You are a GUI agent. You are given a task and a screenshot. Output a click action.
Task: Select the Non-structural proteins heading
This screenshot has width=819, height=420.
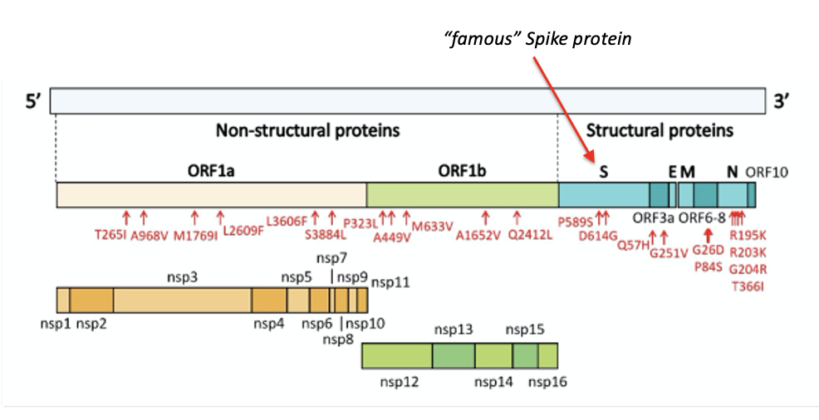pyautogui.click(x=307, y=130)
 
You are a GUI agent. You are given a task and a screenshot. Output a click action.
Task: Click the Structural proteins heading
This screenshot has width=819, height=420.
pyautogui.click(x=660, y=130)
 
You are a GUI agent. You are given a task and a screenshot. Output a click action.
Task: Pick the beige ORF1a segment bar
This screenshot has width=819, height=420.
pyautogui.click(x=211, y=195)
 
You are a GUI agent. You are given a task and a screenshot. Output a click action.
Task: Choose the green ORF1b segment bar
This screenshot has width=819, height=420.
pyautogui.click(x=462, y=195)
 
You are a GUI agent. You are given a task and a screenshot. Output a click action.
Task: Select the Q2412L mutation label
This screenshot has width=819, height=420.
pyautogui.click(x=530, y=235)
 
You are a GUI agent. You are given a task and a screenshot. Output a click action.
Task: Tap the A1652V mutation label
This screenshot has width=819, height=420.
pyautogui.click(x=478, y=235)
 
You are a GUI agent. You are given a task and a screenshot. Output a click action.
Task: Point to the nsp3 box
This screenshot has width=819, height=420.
pyautogui.click(x=182, y=300)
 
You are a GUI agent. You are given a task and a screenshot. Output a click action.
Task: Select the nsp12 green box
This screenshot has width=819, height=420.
pyautogui.click(x=397, y=356)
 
